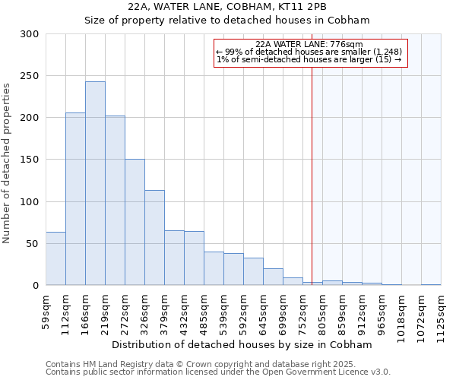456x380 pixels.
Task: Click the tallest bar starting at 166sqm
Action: (x=95, y=183)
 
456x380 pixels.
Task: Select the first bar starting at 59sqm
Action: (x=55, y=258)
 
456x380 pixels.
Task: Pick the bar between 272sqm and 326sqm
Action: (x=135, y=222)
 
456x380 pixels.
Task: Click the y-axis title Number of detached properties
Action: (x=7, y=163)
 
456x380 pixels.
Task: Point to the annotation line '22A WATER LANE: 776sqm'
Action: (x=310, y=45)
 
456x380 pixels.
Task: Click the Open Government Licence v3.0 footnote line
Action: (x=218, y=372)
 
